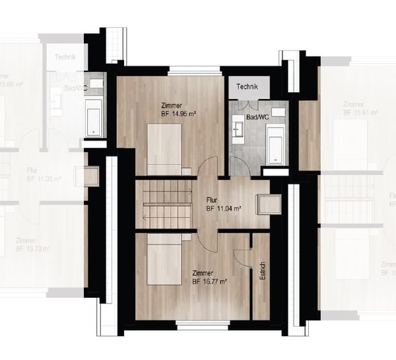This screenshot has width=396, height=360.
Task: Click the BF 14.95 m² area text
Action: (x=178, y=114)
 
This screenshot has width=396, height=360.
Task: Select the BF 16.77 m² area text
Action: (x=209, y=281)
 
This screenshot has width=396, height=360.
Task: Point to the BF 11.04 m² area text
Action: (x=223, y=208)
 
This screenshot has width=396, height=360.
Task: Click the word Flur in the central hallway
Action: (x=212, y=199)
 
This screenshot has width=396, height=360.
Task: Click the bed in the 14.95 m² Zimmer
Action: (x=164, y=146)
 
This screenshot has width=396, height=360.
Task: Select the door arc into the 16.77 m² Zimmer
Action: (x=207, y=241)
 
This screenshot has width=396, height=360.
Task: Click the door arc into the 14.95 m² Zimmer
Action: (x=207, y=167)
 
